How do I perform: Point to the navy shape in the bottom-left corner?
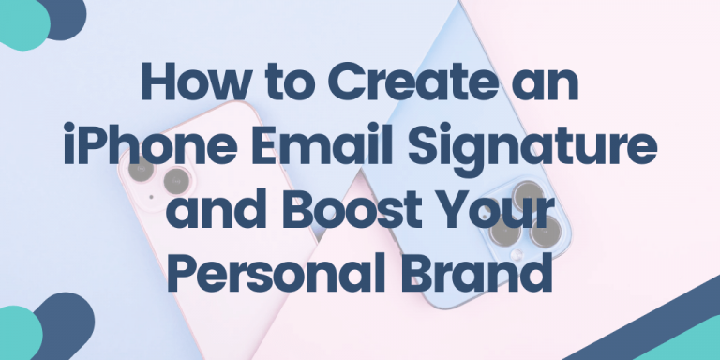coord(67,323)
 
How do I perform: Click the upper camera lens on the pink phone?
coord(141,170)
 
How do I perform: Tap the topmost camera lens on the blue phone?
coord(528,192)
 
